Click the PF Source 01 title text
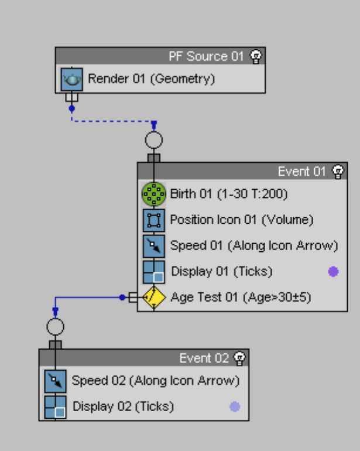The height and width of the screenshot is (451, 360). (x=205, y=56)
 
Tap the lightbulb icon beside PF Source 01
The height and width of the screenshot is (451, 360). (x=255, y=56)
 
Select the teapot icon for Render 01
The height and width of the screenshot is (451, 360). (x=72, y=78)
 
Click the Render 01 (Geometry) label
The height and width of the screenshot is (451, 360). (x=151, y=78)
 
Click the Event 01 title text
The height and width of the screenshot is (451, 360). (x=301, y=172)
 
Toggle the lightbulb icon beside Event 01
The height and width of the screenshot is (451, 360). (x=338, y=172)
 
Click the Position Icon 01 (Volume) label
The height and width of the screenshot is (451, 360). (x=242, y=220)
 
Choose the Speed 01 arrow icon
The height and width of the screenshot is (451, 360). (x=153, y=246)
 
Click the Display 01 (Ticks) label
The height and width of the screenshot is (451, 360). (x=221, y=272)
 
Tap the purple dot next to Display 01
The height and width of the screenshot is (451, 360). (x=333, y=272)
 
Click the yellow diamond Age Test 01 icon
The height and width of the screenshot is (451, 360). (x=153, y=298)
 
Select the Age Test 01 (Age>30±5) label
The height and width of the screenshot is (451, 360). (x=241, y=298)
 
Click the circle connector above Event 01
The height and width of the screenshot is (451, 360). (x=153, y=141)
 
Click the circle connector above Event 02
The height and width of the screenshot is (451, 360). (x=55, y=327)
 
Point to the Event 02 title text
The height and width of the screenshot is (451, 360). (x=203, y=358)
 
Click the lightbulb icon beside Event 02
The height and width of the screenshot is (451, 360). (x=239, y=358)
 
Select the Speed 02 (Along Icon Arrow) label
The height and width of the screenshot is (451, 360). (x=156, y=381)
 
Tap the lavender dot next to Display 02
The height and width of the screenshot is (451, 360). (x=235, y=406)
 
